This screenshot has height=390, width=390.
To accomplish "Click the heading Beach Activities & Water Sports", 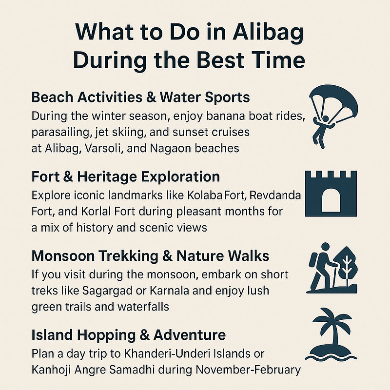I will (140, 97).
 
